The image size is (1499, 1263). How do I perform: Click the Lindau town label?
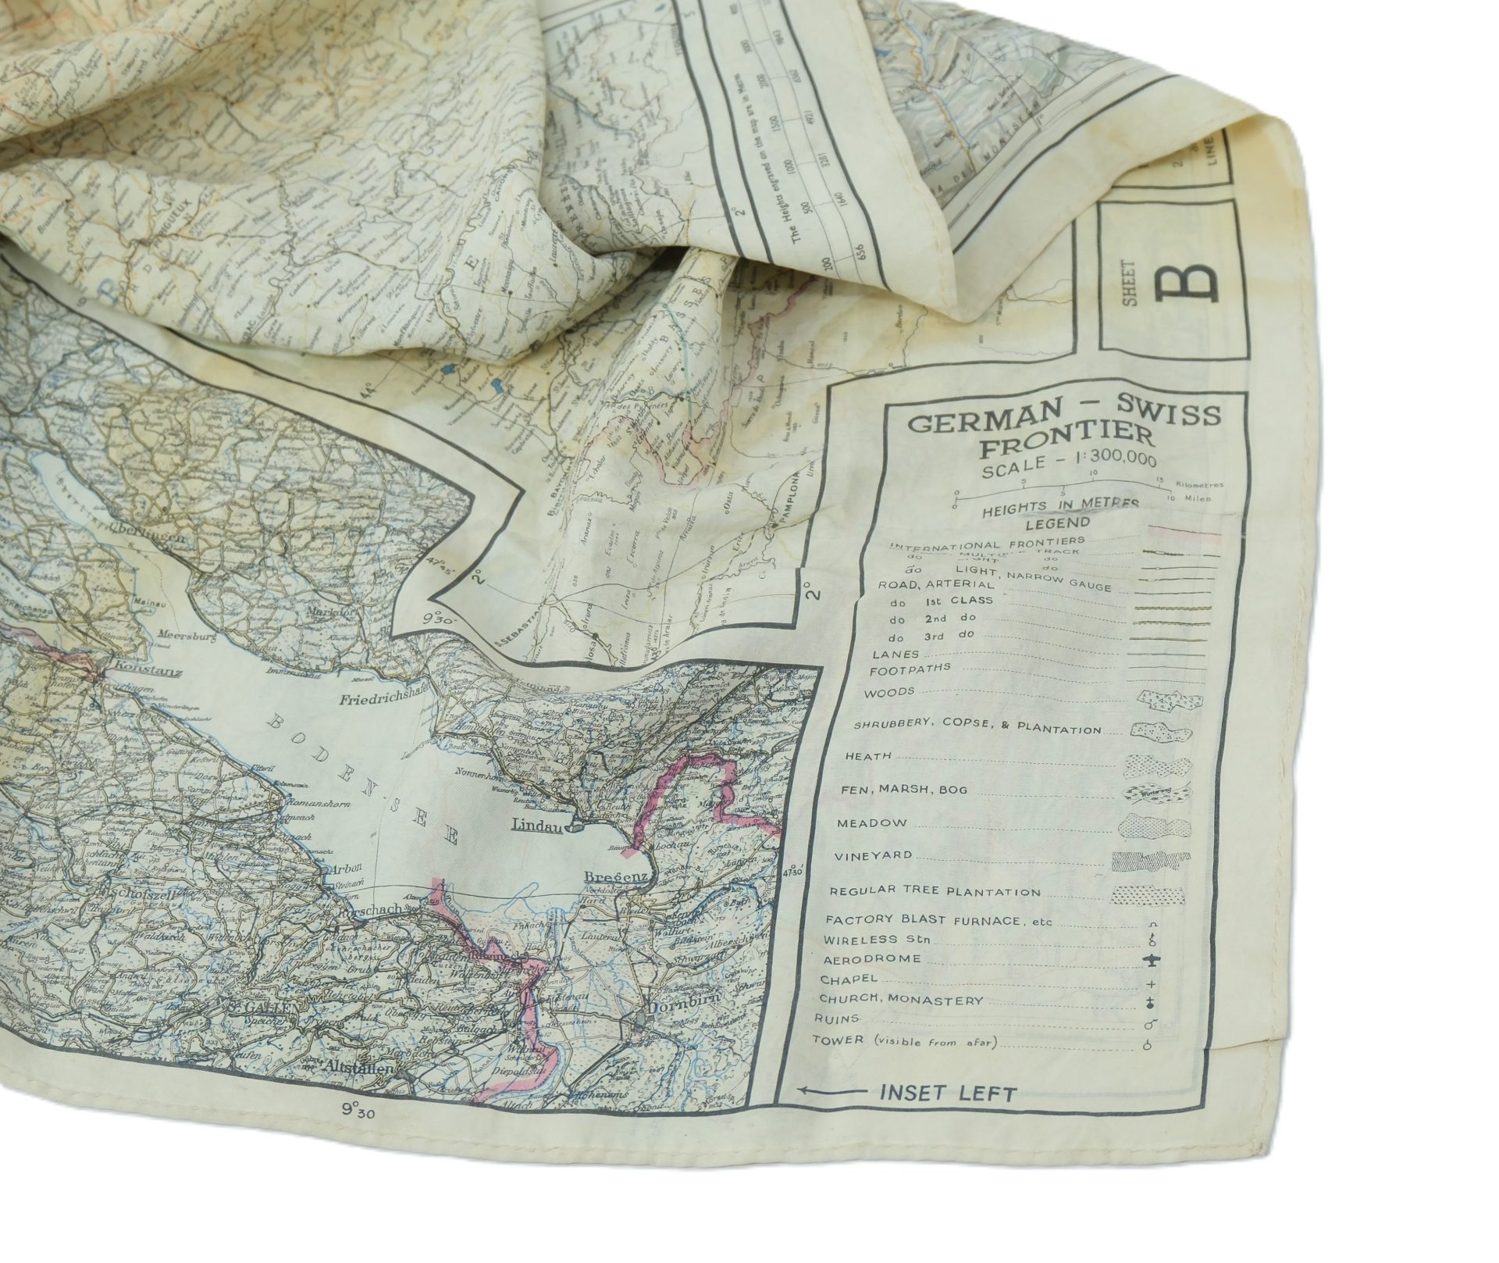tap(537, 824)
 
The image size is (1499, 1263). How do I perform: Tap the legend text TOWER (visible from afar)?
tap(906, 1041)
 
